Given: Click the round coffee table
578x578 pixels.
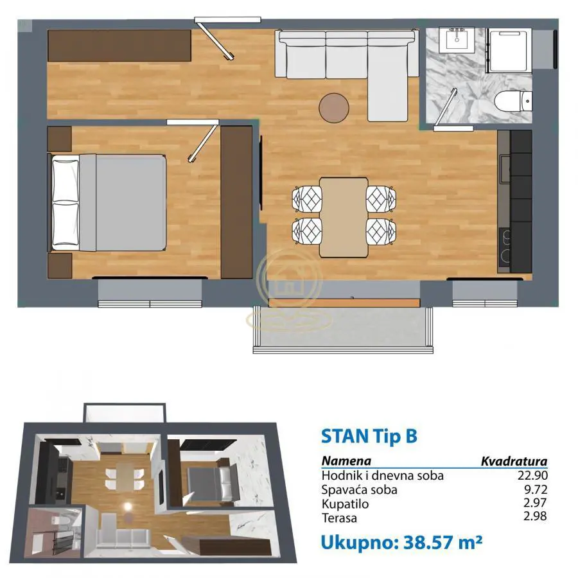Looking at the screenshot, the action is coord(333,108).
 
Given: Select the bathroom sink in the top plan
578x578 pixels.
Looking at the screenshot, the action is coord(457,40).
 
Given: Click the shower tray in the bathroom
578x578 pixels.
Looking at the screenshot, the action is coord(510,51).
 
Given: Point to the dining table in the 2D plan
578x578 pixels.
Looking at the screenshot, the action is coord(344,218).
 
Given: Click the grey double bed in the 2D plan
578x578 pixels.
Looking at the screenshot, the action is coord(107,203).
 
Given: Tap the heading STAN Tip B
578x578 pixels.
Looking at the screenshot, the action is coord(369,435).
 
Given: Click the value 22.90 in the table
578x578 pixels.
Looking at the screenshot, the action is coord(532,475).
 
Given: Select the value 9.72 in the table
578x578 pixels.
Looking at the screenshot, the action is coord(536,489).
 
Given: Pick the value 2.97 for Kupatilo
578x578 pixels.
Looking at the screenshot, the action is coord(535,502).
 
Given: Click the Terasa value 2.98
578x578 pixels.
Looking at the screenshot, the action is coord(535,516).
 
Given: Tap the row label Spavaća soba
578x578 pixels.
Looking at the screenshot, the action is coord(360,489).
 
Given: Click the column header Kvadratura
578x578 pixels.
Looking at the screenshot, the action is coord(514,461).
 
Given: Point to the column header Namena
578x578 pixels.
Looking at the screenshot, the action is coord(347,460).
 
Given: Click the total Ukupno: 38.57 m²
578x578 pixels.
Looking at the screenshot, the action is coord(401,542).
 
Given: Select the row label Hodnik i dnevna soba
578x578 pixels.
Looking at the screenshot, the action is coord(382,475).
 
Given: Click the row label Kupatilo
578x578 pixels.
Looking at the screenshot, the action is coord(345,504).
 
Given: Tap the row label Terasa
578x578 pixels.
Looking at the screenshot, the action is coord(339,518).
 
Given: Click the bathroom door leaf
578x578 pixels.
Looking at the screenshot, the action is coord(446,107).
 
